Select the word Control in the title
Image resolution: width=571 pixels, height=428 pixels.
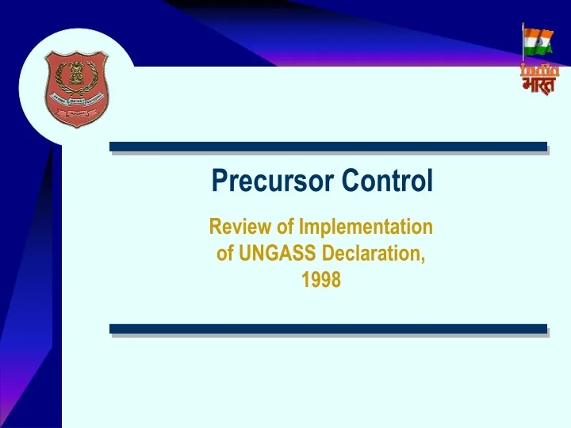[x=388, y=182]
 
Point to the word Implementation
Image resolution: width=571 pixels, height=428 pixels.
[x=365, y=227]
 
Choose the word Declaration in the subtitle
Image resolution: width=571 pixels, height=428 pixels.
[x=372, y=254]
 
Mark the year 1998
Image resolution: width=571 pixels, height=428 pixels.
[x=321, y=280]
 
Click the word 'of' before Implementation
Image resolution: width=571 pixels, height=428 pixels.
[x=285, y=227]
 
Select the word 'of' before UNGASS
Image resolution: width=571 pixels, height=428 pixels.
[x=225, y=254]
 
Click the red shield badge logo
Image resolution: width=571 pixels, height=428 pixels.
[x=77, y=88]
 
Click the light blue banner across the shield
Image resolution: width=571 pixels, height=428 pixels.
[x=77, y=100]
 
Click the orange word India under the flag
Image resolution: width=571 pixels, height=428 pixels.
[x=540, y=70]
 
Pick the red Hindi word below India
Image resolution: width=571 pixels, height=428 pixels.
[x=540, y=86]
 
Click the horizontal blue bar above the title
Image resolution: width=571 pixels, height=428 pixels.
[x=328, y=147]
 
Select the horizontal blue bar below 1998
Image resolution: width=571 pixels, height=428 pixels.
[x=328, y=328]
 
